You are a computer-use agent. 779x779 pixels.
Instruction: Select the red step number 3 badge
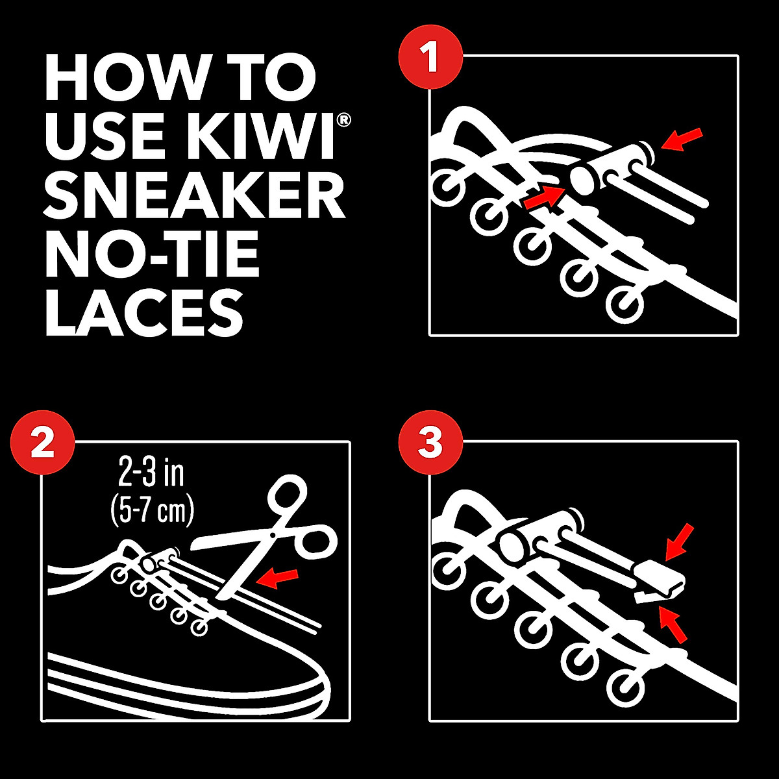click(x=430, y=444)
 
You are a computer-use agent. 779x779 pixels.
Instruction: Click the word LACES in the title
click(x=144, y=314)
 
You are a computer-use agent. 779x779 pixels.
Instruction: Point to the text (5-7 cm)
click(x=153, y=511)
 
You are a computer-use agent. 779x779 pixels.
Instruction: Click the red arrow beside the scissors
click(x=277, y=578)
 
